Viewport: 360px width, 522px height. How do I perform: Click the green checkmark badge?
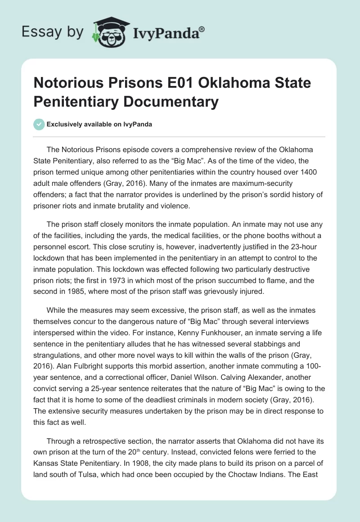coord(39,124)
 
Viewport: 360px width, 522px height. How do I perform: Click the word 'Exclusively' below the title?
coord(65,125)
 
